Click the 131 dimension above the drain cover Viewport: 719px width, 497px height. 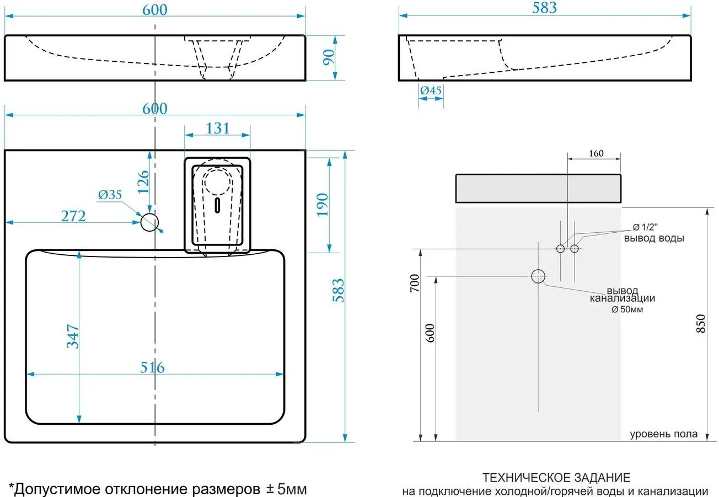[217, 128]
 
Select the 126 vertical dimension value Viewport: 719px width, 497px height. [142, 181]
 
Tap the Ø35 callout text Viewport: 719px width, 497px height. [110, 195]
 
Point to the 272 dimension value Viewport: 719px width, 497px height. [73, 216]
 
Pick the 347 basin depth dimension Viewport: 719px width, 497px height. [73, 336]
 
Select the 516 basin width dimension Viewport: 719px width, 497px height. [152, 367]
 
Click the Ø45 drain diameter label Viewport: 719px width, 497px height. [430, 90]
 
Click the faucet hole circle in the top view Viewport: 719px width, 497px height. [149, 222]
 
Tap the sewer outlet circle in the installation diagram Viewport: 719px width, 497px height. [538, 276]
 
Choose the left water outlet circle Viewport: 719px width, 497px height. [560, 249]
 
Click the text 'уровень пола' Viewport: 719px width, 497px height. [663, 434]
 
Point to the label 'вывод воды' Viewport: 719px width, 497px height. [654, 239]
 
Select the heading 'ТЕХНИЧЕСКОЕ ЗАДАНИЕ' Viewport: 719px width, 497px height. [556, 477]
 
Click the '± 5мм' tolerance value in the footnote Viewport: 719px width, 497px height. [286, 489]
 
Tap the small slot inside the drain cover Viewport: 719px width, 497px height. [218, 206]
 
